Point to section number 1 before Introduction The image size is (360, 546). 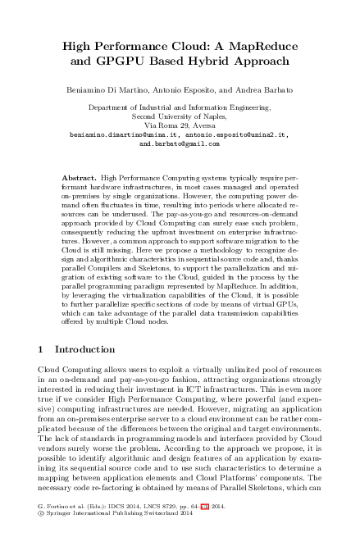click(x=42, y=348)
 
